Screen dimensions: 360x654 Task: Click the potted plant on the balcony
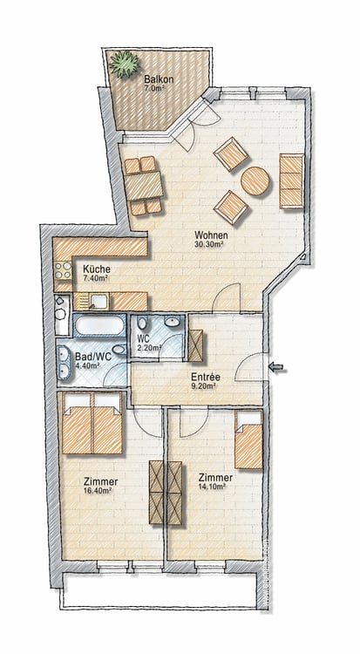coord(124,65)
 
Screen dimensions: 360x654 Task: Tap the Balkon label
coord(159,79)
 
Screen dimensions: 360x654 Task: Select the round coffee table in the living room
coord(255,181)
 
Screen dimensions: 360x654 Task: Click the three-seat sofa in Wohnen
coord(292,181)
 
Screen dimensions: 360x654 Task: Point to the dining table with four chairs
coord(144,186)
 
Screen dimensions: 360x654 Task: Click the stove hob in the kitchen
coord(63,269)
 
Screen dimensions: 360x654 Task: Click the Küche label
coord(97,269)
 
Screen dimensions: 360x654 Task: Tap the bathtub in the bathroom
coord(99,325)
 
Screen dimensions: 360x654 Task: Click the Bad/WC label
coord(89,357)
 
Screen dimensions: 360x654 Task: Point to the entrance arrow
coord(275,367)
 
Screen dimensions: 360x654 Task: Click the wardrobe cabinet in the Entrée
coord(195,346)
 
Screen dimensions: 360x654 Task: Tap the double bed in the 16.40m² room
coord(92,423)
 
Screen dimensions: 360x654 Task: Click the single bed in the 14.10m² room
coord(248,439)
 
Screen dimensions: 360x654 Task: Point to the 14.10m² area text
coord(213,487)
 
